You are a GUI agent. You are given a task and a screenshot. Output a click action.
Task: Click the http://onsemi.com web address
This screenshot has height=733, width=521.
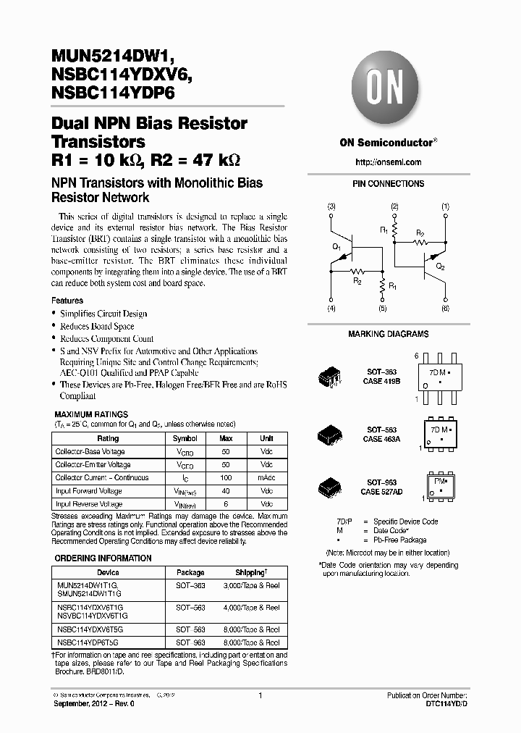tap(388, 162)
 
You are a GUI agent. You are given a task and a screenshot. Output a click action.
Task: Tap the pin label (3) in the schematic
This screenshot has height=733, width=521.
tap(331, 207)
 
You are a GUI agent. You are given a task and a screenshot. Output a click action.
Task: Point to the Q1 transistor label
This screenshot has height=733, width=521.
tap(336, 247)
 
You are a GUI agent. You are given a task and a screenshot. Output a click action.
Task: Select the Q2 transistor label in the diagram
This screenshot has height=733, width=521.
tap(440, 266)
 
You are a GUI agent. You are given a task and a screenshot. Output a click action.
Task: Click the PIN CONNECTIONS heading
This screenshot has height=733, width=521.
tap(388, 184)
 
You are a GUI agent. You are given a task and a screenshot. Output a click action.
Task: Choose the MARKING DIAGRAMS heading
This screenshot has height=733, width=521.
tap(388, 334)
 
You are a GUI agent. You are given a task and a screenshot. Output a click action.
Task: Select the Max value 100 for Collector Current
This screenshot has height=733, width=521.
tap(226, 478)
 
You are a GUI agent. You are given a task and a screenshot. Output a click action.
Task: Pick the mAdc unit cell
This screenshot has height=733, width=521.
tap(266, 478)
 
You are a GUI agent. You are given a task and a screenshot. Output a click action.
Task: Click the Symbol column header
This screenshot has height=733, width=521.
tap(185, 439)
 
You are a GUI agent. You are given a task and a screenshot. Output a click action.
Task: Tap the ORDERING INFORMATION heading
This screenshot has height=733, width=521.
tap(103, 558)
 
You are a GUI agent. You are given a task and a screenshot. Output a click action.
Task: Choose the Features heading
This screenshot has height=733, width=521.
tap(67, 301)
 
